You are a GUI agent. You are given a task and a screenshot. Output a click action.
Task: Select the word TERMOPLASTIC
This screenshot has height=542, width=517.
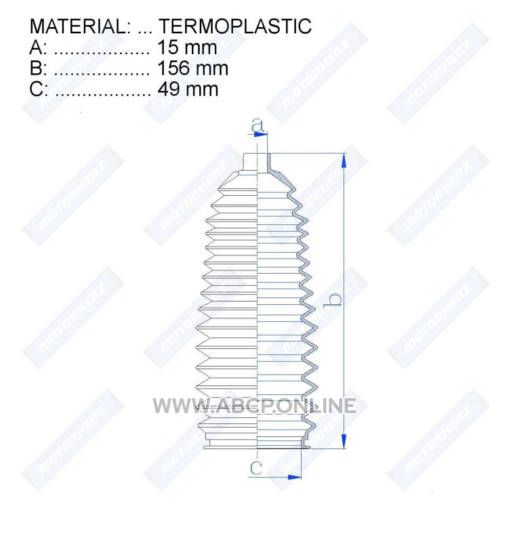[x=235, y=26]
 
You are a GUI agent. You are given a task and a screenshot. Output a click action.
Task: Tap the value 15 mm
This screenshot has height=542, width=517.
[x=187, y=47]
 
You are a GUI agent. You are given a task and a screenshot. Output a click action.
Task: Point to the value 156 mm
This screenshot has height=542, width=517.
[x=192, y=68]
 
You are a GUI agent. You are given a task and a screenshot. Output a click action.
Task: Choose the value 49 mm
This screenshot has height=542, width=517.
[x=188, y=89]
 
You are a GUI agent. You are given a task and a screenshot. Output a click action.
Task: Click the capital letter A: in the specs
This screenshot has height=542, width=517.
[x=38, y=47]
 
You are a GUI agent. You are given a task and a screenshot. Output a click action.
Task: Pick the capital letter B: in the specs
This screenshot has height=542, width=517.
[x=38, y=68]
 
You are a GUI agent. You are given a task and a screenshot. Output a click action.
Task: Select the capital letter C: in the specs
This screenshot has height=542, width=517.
[x=39, y=89]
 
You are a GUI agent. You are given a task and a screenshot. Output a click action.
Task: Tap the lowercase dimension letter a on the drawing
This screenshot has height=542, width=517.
[x=257, y=125]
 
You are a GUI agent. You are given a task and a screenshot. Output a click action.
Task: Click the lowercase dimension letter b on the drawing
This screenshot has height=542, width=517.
[x=332, y=299]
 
